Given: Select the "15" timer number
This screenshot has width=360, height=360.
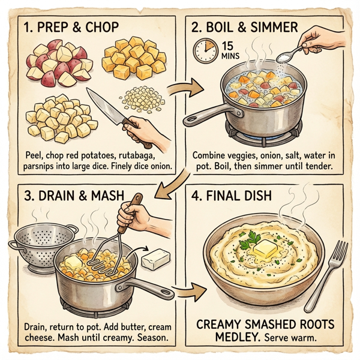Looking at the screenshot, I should [229, 45].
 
